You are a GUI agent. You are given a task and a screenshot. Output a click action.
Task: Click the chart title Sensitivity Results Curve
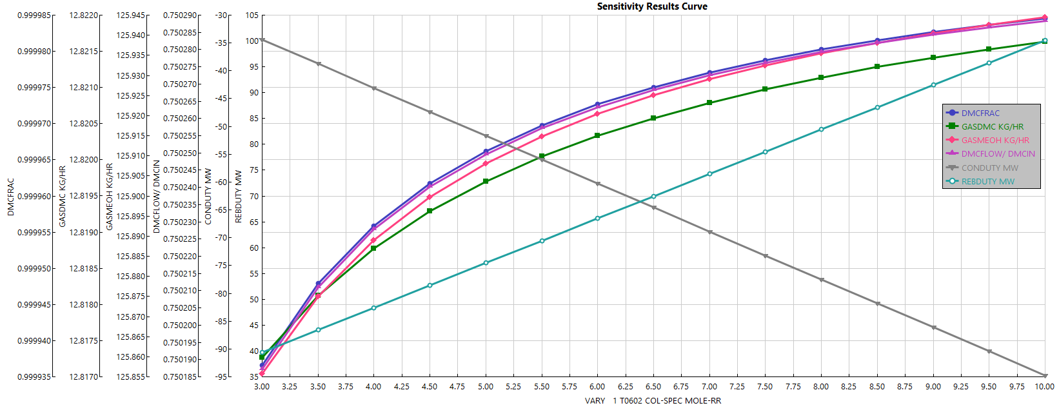point(651,6)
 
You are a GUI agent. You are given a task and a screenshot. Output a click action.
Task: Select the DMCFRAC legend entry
point(980,113)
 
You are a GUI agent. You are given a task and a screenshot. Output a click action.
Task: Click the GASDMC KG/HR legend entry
point(992,127)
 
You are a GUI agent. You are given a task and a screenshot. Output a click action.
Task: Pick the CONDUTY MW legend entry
point(989,168)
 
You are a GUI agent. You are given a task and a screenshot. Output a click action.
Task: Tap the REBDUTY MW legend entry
point(987,182)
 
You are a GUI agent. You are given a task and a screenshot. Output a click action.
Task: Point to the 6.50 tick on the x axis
point(653,387)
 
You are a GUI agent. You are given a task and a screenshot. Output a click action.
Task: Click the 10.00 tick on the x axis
point(1044,387)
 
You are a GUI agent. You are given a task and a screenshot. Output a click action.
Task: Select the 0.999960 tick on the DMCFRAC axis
point(34,196)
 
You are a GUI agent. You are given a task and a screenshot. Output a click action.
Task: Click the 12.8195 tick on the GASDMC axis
point(84,196)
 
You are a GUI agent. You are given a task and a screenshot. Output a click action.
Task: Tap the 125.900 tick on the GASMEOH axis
point(131,196)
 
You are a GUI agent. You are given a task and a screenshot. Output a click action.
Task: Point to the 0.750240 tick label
point(179,188)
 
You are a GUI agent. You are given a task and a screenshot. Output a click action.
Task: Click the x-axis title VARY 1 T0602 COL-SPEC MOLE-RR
point(653,401)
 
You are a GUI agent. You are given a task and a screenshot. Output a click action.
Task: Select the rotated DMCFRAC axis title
point(10,197)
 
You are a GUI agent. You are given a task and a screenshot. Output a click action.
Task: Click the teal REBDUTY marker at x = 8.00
point(821,130)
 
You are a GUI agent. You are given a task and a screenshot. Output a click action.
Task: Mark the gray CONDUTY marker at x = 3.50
point(318,64)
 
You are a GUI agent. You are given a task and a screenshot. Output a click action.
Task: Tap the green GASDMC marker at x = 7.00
point(709,103)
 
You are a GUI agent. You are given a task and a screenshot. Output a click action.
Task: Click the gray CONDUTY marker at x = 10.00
point(1045,376)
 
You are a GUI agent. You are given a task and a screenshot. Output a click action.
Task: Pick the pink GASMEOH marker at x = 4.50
point(430,197)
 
